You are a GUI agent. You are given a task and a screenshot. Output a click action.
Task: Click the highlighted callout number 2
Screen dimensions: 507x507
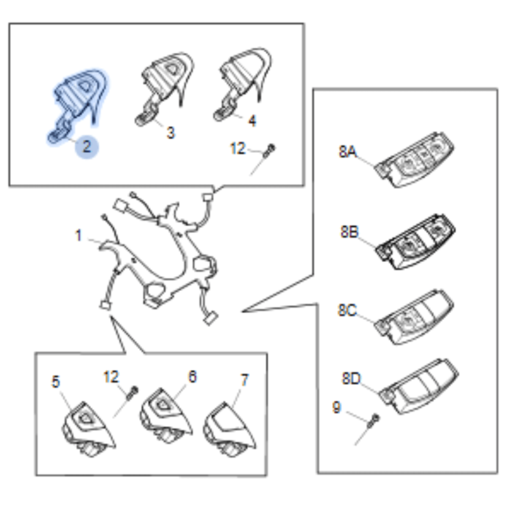point(87,146)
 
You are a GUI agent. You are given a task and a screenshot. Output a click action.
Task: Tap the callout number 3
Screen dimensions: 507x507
point(171,133)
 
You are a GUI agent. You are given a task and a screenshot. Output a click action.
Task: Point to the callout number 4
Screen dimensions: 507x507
point(252,121)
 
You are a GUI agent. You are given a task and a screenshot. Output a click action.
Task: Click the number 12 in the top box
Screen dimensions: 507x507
point(238,149)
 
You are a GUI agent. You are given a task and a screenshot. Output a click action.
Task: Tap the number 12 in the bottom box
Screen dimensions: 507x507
point(111,377)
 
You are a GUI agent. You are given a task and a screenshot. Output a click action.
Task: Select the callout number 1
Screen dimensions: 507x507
point(79,235)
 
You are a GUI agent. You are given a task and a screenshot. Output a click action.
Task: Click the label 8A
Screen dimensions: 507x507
point(347,152)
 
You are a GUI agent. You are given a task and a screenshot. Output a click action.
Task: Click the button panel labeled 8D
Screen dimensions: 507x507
point(419,386)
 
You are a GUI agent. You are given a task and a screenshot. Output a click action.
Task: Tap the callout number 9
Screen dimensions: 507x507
point(337,407)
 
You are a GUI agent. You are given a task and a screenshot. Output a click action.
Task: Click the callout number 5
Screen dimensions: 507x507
point(56,382)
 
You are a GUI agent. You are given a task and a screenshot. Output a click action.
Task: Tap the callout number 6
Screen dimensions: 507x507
point(192,377)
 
